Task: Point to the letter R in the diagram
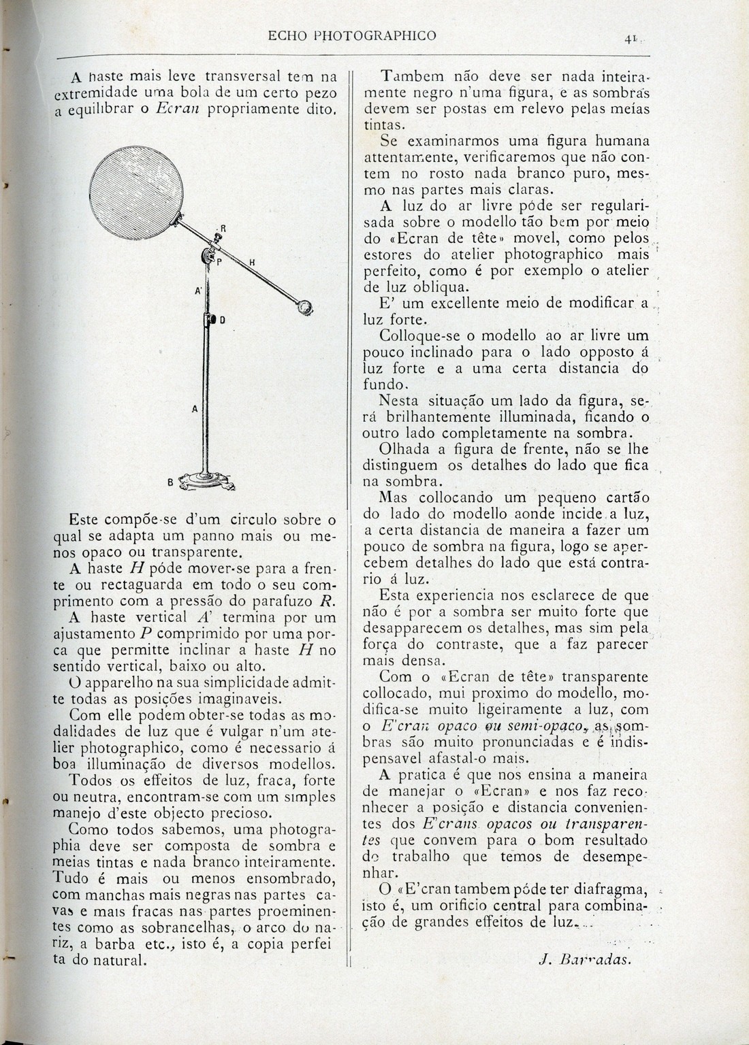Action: coord(222,227)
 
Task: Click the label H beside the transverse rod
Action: coord(252,263)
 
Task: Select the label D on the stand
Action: coord(222,320)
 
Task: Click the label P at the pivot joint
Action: coord(219,261)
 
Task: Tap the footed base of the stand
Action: coord(204,482)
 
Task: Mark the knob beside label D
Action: coord(209,320)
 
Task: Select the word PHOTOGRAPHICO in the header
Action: coord(381,35)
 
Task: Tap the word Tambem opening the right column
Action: coord(409,76)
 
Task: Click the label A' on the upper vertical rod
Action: coord(198,291)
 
